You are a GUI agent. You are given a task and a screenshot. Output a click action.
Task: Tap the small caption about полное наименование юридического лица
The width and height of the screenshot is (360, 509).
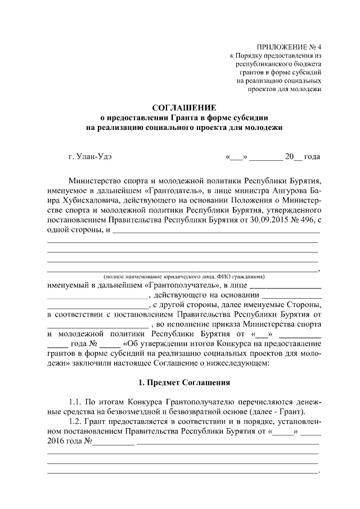pos(180,276)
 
